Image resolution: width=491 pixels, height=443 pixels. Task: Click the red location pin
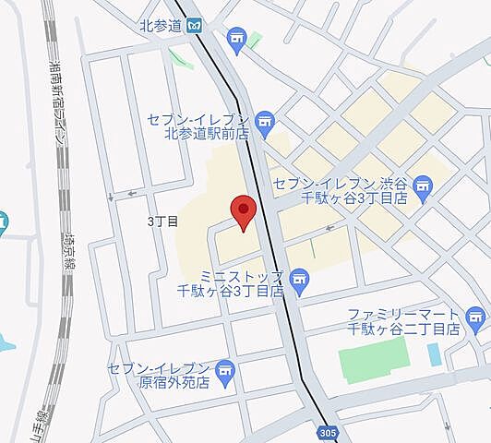243,212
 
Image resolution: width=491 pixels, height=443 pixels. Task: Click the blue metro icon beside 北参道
194,26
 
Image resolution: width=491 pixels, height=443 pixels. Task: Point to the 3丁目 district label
162,221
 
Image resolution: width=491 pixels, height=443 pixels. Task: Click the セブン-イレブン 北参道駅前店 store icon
266,121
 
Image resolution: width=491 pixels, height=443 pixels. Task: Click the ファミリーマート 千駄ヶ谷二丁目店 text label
402,321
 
